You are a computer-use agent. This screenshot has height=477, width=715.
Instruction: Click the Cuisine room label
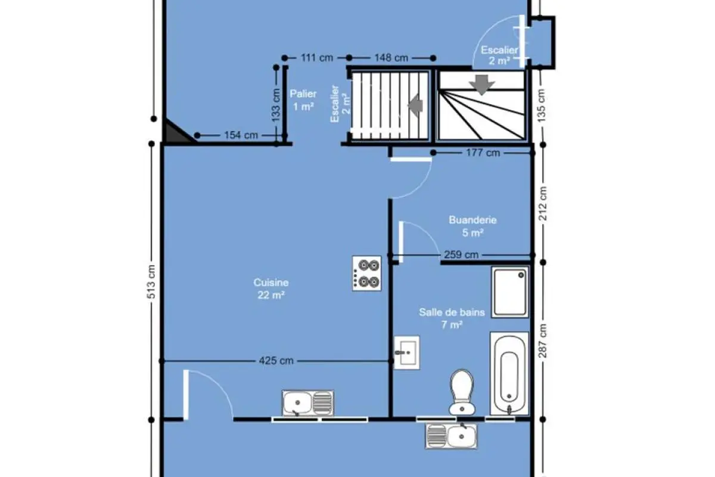271,283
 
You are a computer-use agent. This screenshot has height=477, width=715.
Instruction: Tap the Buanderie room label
472,220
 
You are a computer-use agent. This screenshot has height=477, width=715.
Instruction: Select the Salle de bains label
452,312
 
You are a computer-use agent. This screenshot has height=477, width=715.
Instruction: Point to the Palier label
303,94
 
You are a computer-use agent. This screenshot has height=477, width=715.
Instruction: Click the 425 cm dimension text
276,361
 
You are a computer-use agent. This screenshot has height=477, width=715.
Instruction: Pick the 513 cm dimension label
151,282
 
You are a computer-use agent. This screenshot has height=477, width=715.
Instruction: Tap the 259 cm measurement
461,255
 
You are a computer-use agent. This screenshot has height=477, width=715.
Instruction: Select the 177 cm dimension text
483,153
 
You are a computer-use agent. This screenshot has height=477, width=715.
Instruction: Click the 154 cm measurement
241,135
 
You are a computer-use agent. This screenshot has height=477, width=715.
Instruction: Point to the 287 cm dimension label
543,341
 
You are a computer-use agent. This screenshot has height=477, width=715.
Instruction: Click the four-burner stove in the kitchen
367,274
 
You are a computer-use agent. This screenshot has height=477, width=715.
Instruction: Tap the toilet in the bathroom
462,392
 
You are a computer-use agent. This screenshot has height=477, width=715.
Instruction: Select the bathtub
509,374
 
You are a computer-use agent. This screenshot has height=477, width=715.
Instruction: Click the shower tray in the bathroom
510,292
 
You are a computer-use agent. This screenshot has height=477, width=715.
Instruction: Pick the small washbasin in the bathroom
406,352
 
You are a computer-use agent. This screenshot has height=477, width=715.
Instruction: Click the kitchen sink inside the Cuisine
307,403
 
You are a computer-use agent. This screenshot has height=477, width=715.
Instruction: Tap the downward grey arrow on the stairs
482,85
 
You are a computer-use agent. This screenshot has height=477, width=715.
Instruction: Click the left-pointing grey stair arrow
416,105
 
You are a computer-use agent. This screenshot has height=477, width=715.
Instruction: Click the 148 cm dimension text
391,58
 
